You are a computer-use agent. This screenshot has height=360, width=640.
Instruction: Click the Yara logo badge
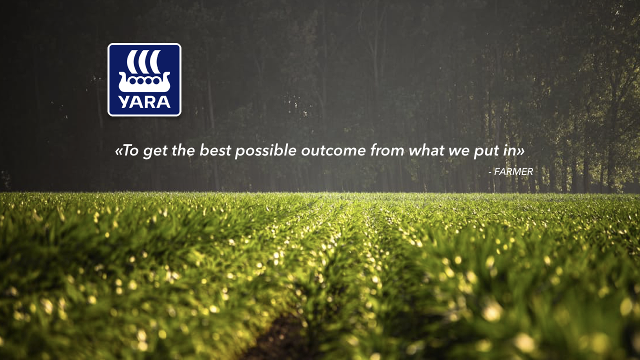pyautogui.click(x=144, y=79)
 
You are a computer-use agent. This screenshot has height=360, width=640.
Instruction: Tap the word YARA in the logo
pyautogui.click(x=144, y=102)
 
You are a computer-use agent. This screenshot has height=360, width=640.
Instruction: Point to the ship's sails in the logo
pyautogui.click(x=143, y=61)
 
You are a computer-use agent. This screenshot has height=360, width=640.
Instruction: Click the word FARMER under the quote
pyautogui.click(x=513, y=171)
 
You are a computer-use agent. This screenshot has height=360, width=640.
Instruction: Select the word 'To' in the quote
pyautogui.click(x=131, y=150)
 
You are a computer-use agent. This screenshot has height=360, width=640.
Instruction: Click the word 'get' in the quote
pyautogui.click(x=155, y=151)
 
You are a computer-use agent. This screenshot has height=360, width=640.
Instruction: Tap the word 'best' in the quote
pyautogui.click(x=215, y=150)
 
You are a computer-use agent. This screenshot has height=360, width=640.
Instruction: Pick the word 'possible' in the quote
pyautogui.click(x=265, y=151)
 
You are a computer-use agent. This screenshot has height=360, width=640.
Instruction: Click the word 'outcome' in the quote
pyautogui.click(x=333, y=151)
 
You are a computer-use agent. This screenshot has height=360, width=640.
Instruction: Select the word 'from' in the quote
pyautogui.click(x=387, y=150)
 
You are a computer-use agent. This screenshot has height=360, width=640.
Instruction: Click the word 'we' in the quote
pyautogui.click(x=459, y=152)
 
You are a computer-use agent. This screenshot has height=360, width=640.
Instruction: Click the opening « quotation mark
pyautogui.click(x=119, y=151)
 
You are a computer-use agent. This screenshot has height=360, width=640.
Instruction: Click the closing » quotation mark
pyautogui.click(x=520, y=151)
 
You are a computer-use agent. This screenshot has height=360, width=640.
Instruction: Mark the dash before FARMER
pyautogui.click(x=490, y=172)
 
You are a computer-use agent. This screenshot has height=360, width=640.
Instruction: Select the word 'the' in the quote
pyautogui.click(x=183, y=150)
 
